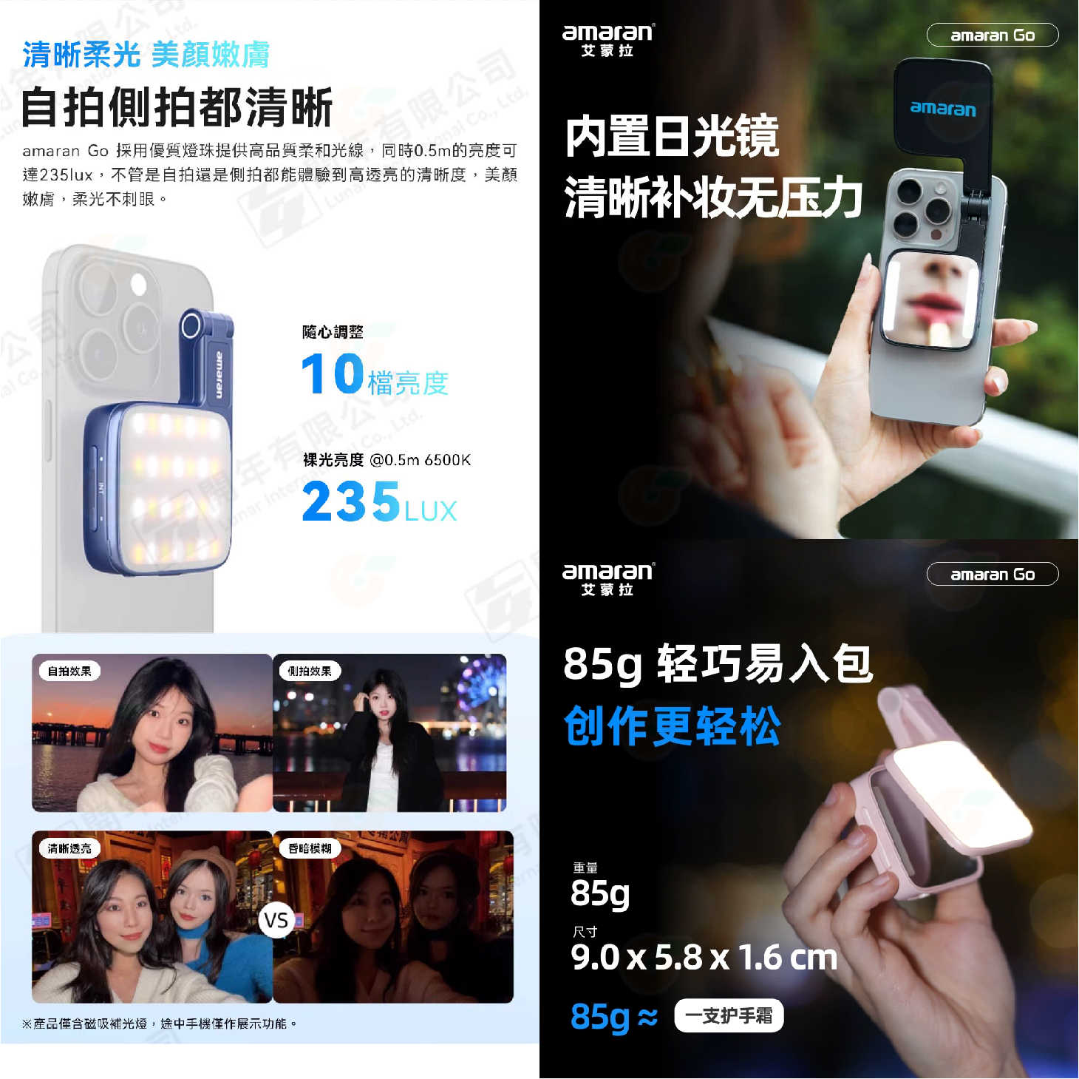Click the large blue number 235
pos(351,501)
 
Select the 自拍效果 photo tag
pos(69,671)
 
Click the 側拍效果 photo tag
pos(310,671)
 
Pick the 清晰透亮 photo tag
pos(69,848)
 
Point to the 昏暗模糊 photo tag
pos(310,848)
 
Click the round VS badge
pos(276,921)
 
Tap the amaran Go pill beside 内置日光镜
pos(992,35)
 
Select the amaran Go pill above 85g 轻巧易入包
pos(992,575)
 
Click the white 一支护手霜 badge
pos(729,1016)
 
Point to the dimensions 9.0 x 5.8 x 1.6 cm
pos(704,958)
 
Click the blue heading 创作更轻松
pos(672,726)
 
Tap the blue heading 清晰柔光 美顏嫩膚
pos(146,55)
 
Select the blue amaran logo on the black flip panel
pos(943,108)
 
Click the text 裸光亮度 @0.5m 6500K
pos(387,460)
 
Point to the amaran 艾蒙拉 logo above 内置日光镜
pos(607,41)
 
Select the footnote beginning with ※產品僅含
pos(159,1024)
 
